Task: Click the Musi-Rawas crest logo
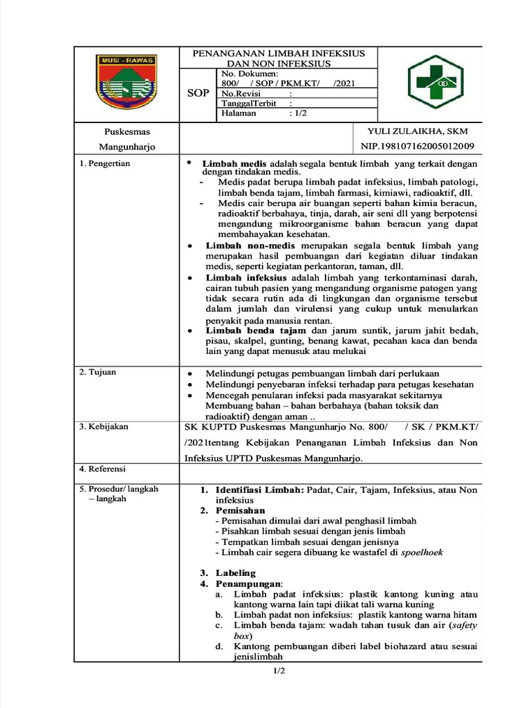tap(127, 83)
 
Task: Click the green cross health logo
tap(430, 83)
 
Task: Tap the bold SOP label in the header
tap(198, 93)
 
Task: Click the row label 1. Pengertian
tap(104, 163)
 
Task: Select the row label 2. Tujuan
tap(97, 372)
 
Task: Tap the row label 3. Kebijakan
tap(104, 427)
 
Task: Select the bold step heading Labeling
tap(235, 573)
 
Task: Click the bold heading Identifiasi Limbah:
tap(259, 490)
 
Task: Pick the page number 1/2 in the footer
tap(278, 671)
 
